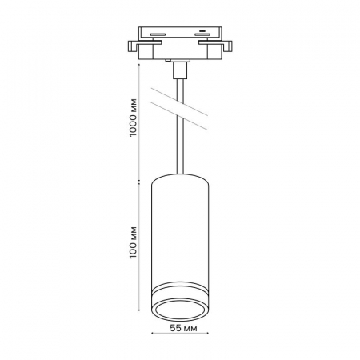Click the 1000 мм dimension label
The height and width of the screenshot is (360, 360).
click(133, 118)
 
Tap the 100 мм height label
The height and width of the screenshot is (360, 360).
click(133, 242)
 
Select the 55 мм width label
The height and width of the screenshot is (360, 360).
click(184, 328)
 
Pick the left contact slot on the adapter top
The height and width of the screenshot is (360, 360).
click(158, 34)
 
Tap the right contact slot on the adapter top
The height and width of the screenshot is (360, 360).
click(202, 34)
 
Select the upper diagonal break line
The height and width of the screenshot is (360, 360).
click(179, 102)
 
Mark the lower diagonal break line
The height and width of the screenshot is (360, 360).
click(179, 116)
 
